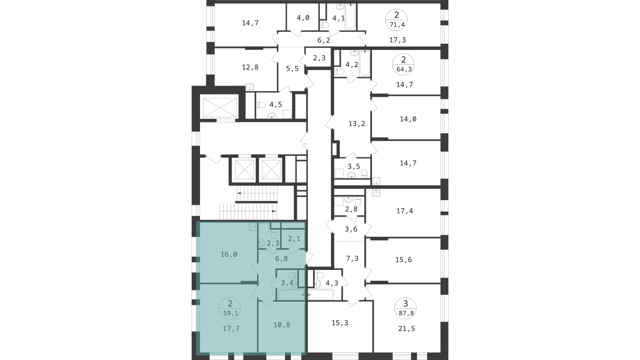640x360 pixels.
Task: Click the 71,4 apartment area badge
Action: (x=396, y=20)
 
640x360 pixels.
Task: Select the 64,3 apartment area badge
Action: (x=404, y=64)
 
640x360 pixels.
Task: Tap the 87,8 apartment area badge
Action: (x=406, y=308)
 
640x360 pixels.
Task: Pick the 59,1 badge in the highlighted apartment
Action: (x=230, y=308)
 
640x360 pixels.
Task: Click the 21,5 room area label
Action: (x=406, y=328)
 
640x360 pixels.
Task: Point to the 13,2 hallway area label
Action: (x=357, y=124)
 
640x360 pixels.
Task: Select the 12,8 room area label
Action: (x=250, y=67)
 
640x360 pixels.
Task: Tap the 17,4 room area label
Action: (x=404, y=211)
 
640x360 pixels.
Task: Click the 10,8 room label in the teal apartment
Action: (x=282, y=324)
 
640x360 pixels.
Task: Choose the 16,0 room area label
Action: (x=229, y=254)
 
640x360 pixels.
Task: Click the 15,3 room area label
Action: (x=340, y=323)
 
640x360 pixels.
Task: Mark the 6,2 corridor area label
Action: (x=324, y=40)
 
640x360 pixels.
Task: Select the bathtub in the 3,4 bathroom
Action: (x=291, y=294)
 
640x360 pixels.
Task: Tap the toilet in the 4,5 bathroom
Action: (x=260, y=105)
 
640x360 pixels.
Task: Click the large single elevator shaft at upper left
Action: (x=220, y=108)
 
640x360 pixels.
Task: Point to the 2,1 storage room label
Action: (x=294, y=238)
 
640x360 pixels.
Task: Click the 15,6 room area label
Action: (x=404, y=260)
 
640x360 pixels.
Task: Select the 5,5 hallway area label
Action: (x=292, y=68)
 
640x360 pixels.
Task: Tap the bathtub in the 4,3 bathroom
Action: (x=320, y=294)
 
